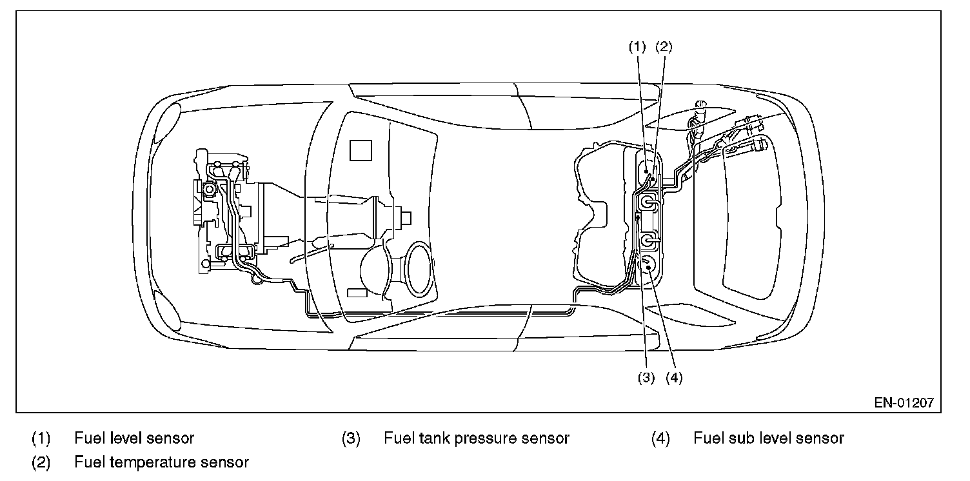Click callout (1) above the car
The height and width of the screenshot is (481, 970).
point(637,46)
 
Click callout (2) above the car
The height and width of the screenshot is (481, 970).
point(664,46)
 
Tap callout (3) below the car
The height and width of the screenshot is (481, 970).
point(646,378)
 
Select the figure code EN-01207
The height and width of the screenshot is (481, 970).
point(903,403)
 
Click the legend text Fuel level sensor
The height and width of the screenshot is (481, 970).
point(134,438)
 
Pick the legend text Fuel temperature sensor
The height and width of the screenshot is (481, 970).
point(161,462)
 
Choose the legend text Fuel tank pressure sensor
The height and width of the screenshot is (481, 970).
point(476,438)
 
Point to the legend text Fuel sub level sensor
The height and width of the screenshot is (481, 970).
point(769,438)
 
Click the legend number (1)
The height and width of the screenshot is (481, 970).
point(41,438)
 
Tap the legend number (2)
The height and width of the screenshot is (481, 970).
point(41,462)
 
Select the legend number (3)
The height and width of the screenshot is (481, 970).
point(351,438)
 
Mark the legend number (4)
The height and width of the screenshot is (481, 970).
point(660,438)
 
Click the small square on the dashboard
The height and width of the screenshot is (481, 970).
point(361,150)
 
